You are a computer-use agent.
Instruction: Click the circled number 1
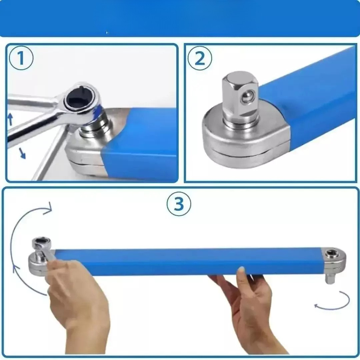[21, 58]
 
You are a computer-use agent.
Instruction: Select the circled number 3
[179, 204]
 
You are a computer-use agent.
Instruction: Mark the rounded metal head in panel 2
[233, 143]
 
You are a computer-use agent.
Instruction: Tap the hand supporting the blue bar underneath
[250, 300]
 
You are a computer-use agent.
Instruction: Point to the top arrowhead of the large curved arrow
[49, 209]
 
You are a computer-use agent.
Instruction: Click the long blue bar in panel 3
[187, 262]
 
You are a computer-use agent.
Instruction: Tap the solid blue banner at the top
[180, 18]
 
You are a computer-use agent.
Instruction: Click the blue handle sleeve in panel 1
[143, 143]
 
